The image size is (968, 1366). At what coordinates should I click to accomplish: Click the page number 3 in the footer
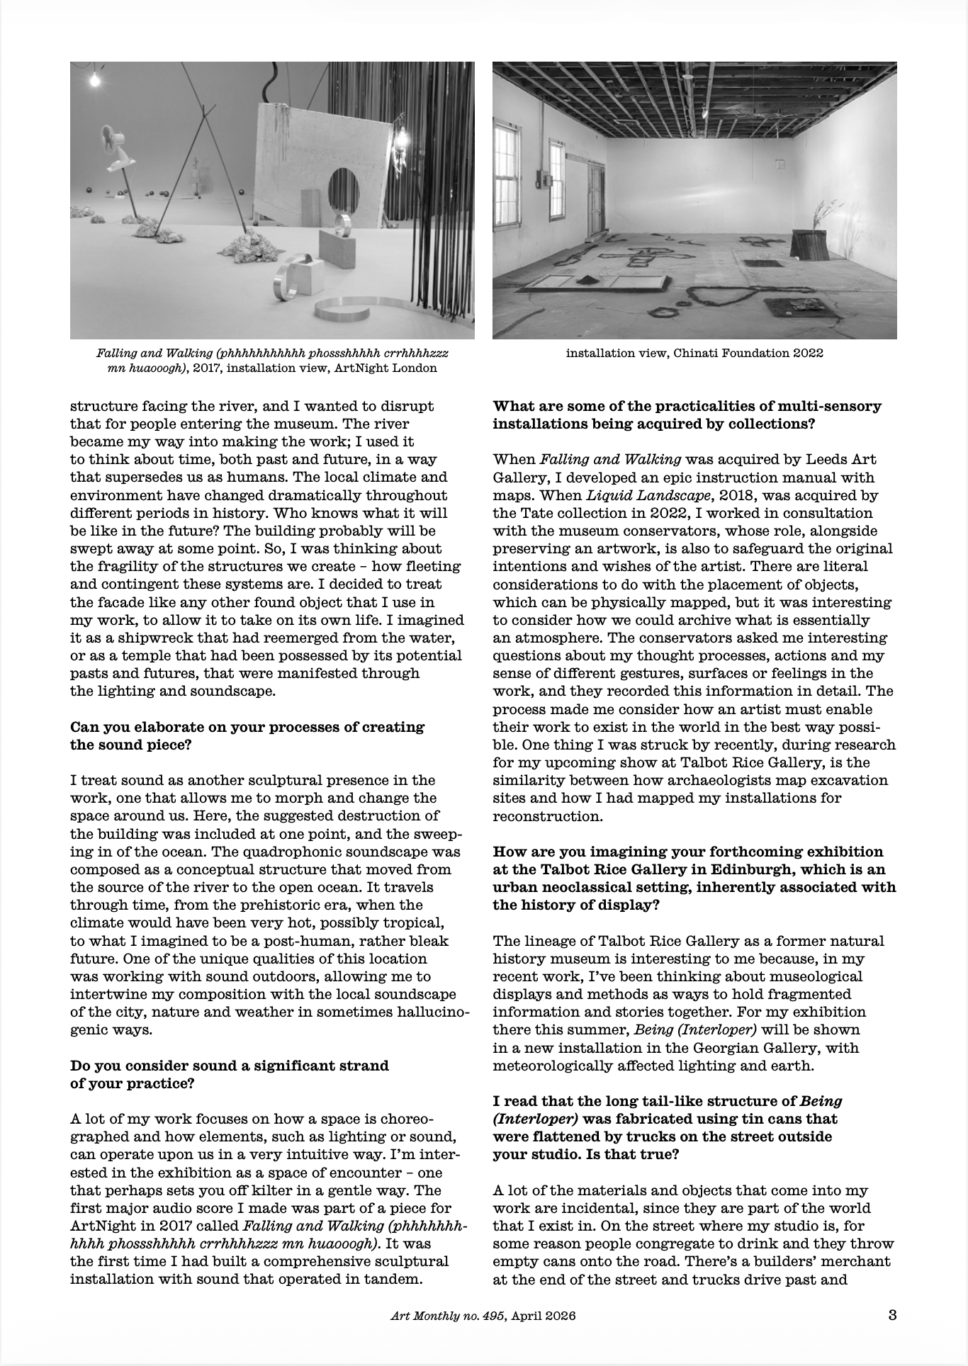click(x=893, y=1315)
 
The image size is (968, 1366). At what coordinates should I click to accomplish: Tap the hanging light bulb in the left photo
click(x=94, y=81)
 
